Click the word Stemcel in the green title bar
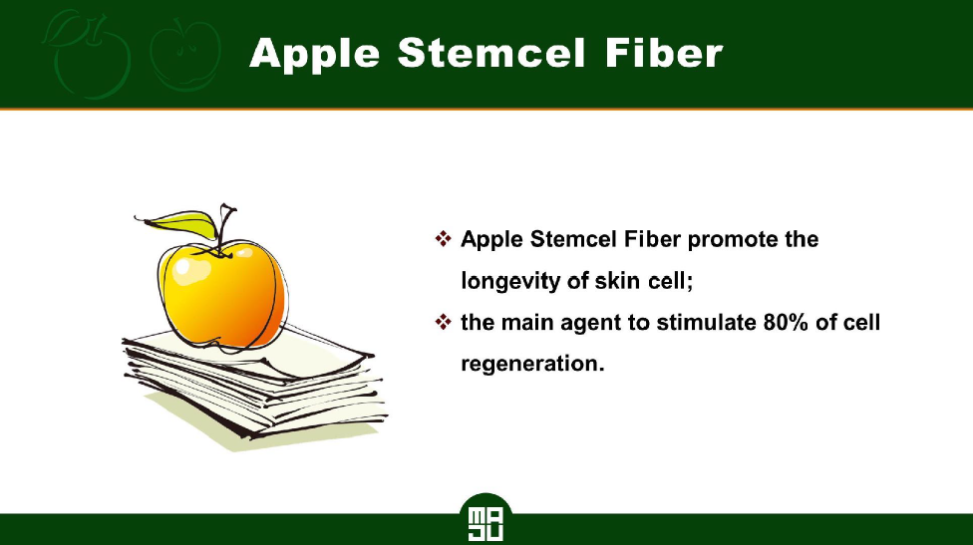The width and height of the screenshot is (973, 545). click(x=491, y=53)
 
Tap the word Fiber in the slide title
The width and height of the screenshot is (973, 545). click(x=664, y=53)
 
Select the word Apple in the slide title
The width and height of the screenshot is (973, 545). click(x=314, y=55)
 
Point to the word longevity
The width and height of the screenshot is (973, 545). click(x=510, y=282)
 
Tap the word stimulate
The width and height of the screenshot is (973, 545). click(x=706, y=323)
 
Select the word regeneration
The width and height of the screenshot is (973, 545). click(x=532, y=364)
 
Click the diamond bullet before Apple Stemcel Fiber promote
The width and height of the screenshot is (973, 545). click(x=443, y=238)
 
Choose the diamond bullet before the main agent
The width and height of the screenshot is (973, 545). click(x=443, y=322)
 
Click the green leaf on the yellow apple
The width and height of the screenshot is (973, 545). click(x=181, y=223)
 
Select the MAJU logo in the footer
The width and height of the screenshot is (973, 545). click(x=486, y=519)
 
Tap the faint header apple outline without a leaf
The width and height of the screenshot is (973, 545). click(x=185, y=55)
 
